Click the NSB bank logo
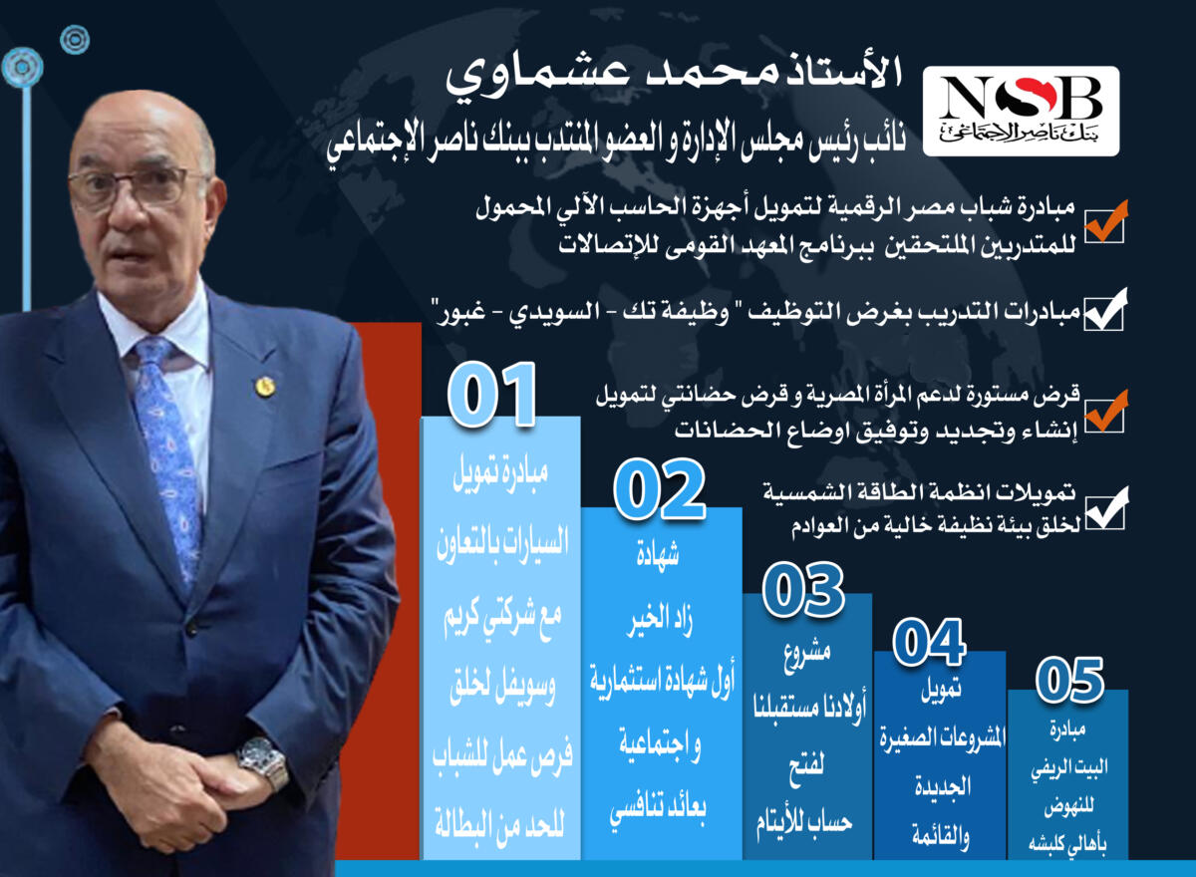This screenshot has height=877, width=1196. pos(1021,111)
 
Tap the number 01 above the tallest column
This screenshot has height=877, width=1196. pos(491,394)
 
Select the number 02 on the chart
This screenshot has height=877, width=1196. pos(660,489)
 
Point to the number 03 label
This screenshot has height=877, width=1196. pos(803,590)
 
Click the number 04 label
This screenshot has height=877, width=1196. pos(930,642)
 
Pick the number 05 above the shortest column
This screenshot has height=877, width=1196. pos(1069,680)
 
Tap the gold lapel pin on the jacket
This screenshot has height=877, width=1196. pos(265,387)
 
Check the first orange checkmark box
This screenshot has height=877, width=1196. pos(1105,221)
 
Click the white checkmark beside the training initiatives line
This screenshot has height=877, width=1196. pos(1104,310)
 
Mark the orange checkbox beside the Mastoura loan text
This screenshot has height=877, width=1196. pos(1105,411)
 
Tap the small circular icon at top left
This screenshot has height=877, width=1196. pos(75,40)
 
